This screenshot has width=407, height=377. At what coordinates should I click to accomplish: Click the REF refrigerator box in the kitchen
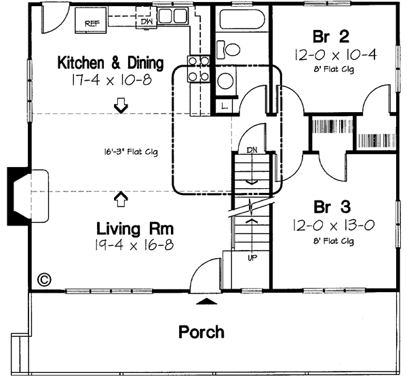click(90, 21)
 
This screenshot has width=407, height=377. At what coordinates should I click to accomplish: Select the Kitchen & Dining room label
click(111, 64)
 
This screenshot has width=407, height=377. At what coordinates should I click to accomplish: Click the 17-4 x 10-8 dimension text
click(111, 79)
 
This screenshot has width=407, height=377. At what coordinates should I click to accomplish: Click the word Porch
click(201, 332)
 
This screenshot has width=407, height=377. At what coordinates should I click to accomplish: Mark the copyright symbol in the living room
click(44, 278)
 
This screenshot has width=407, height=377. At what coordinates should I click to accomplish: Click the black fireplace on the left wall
click(16, 196)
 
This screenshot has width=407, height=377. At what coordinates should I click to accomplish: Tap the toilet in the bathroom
click(226, 50)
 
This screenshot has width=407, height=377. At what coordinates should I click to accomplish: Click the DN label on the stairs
click(252, 149)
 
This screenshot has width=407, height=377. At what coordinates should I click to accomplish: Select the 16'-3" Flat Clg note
click(133, 152)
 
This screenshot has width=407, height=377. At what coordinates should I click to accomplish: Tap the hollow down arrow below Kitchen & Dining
click(121, 106)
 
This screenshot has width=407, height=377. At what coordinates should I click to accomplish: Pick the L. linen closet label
click(225, 105)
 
